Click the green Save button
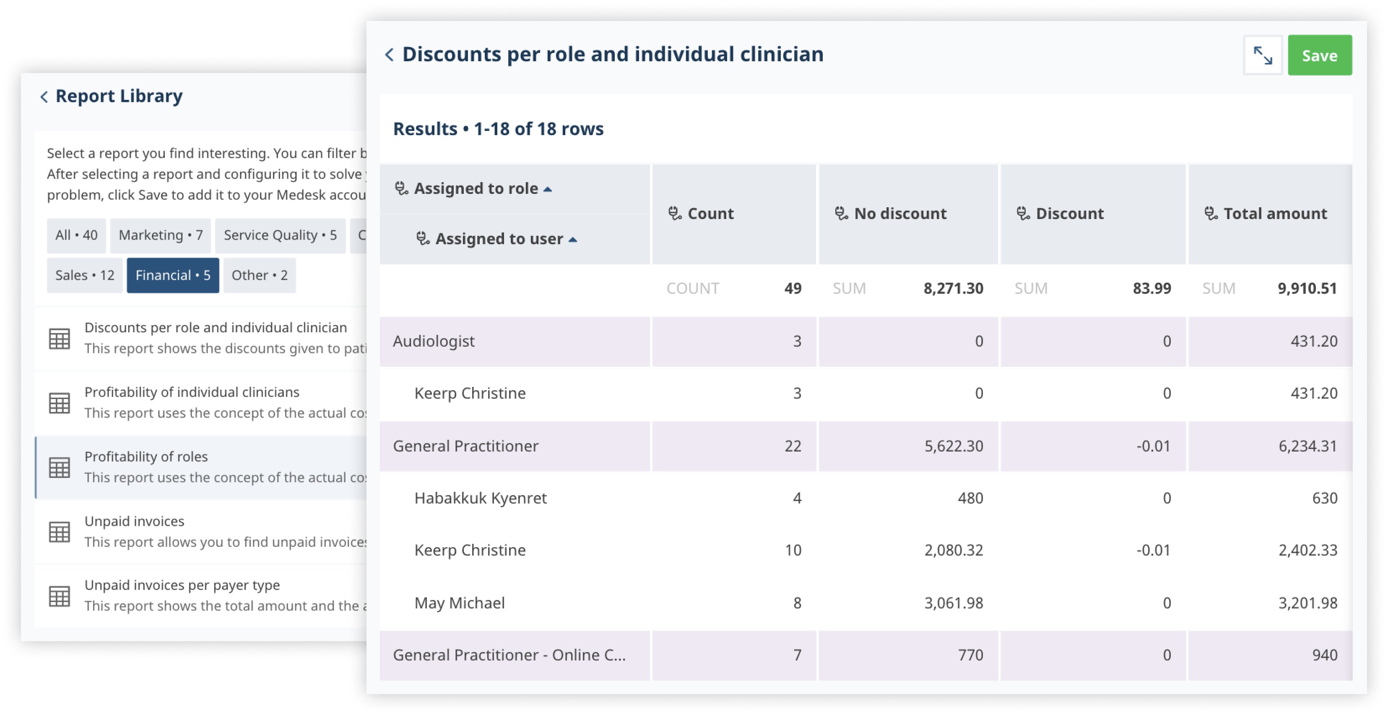[x=1319, y=55]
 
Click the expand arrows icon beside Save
[x=1263, y=55]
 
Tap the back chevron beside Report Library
[x=44, y=97]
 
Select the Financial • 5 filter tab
[x=172, y=276]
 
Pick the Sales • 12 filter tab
[x=85, y=276]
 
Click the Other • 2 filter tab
[x=259, y=276]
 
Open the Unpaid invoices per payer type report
[x=182, y=585]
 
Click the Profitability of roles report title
[x=146, y=457]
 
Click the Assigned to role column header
[x=476, y=189]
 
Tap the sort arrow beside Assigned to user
[x=573, y=240]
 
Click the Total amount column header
[x=1274, y=214]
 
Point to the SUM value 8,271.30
[x=953, y=289]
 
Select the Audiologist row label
[x=434, y=341]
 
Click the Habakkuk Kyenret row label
[x=480, y=498]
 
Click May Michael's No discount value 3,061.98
[x=953, y=603]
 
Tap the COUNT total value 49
[x=793, y=289]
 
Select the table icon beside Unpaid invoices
[x=59, y=532]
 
